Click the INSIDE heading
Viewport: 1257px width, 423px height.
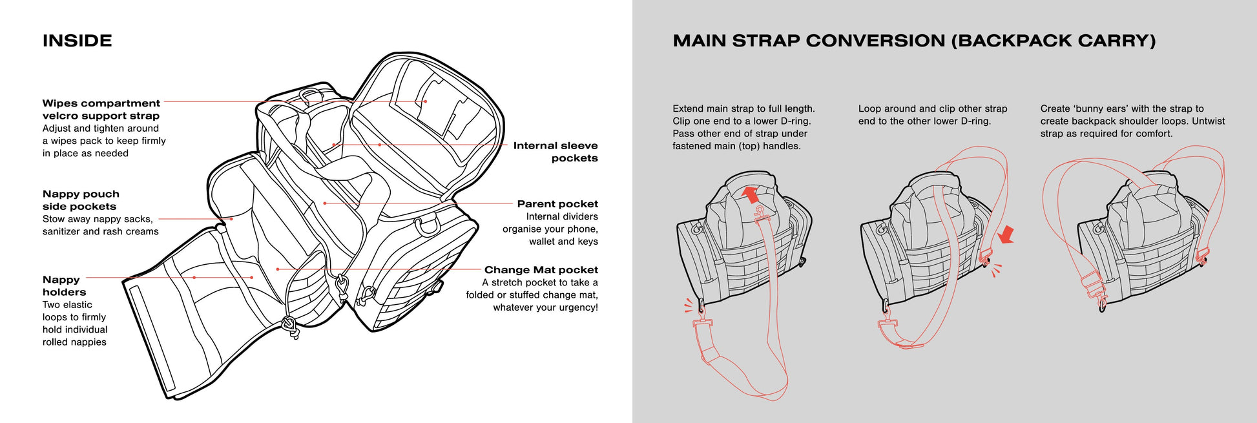tap(77, 41)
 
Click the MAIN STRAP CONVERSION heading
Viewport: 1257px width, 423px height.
tap(913, 41)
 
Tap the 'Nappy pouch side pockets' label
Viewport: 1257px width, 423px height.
tap(80, 200)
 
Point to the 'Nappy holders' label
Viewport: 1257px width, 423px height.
tap(64, 285)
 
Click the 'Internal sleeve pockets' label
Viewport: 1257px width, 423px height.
tap(556, 152)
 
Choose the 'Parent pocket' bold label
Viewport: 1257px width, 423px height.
tap(557, 204)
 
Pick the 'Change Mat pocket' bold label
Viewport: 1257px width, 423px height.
tap(541, 270)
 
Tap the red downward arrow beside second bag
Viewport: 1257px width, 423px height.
tap(1006, 235)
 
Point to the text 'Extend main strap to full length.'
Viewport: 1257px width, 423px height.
tap(743, 108)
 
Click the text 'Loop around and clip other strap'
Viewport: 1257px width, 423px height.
tap(932, 108)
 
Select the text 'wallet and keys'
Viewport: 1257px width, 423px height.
tap(563, 242)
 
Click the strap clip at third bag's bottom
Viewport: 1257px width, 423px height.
tap(1101, 302)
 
